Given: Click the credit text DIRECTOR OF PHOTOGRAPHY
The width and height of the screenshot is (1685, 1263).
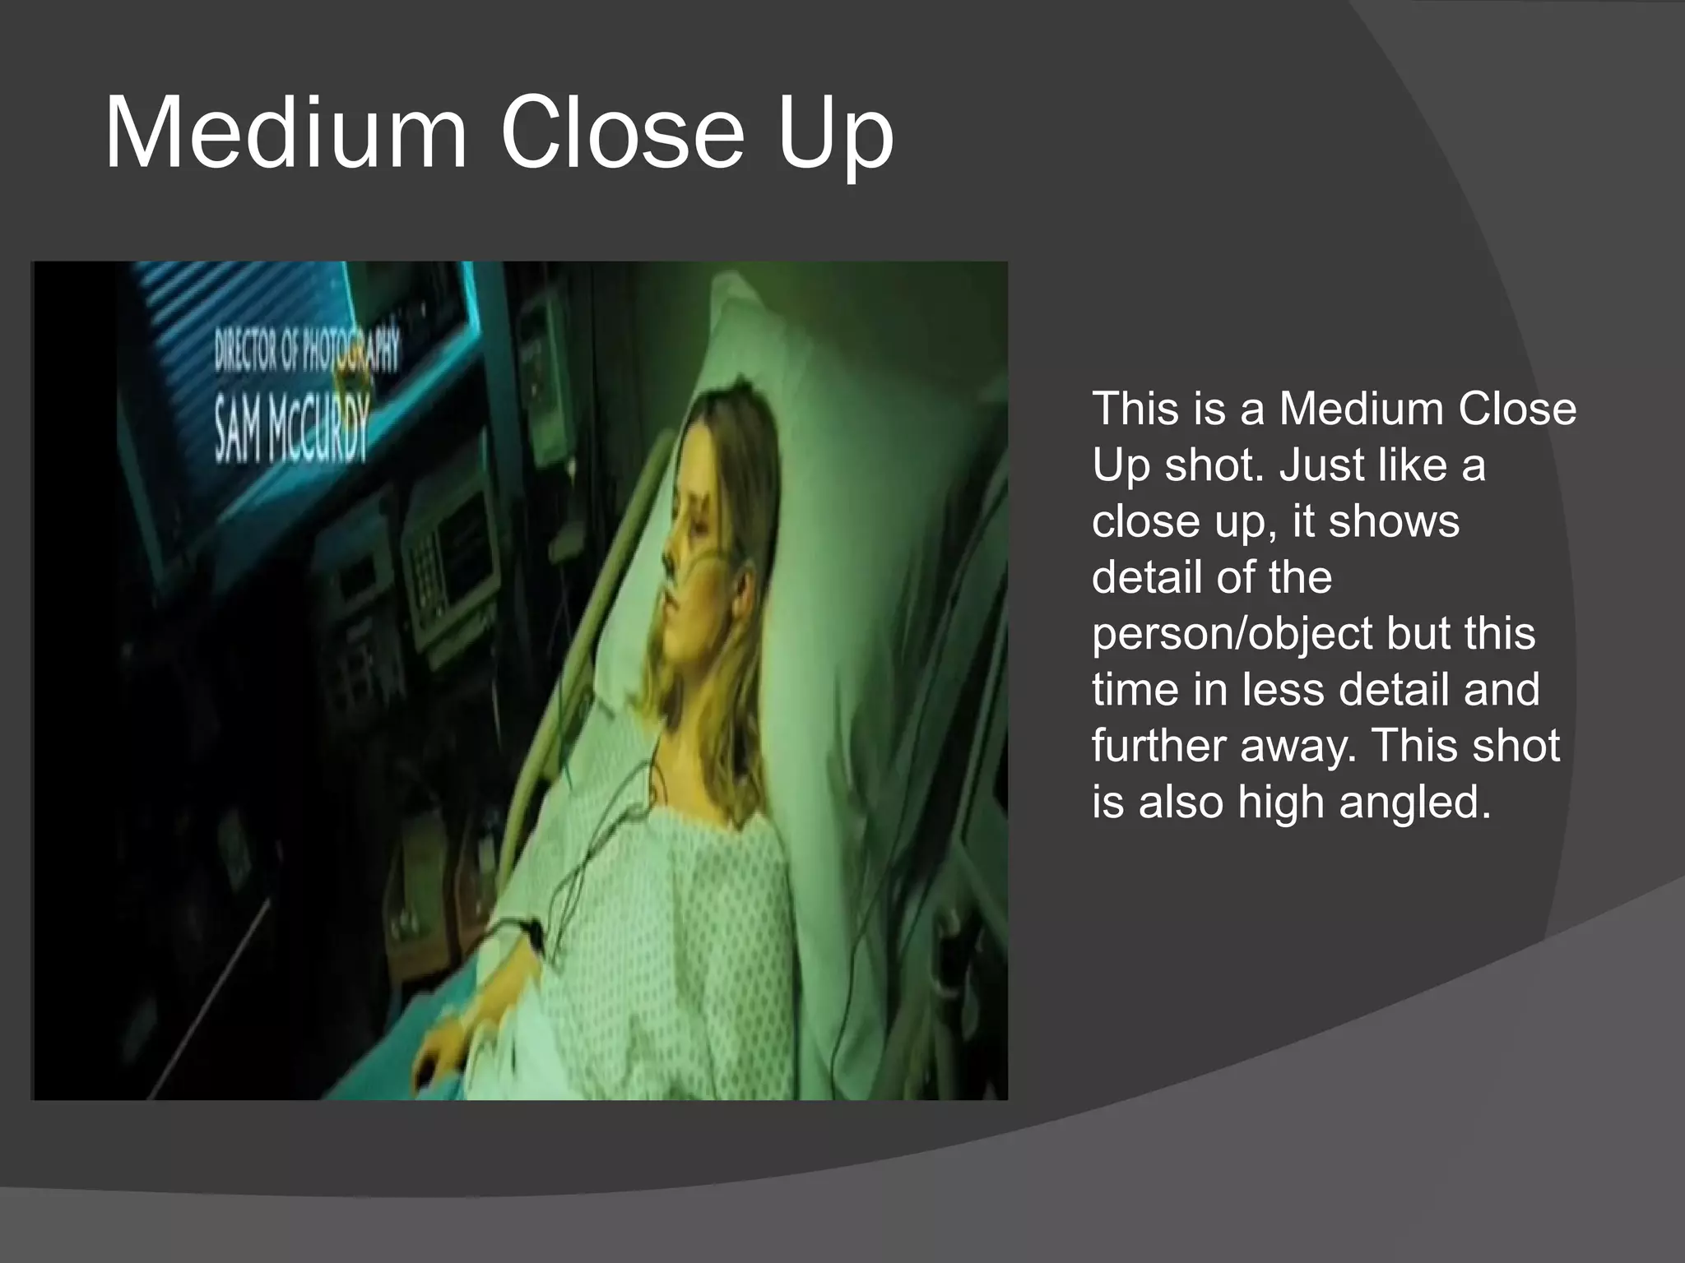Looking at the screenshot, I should tap(306, 349).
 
